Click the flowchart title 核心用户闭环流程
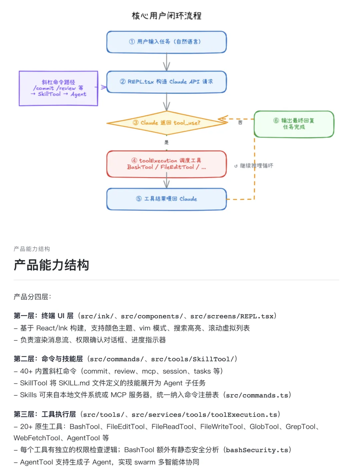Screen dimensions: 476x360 click(x=167, y=16)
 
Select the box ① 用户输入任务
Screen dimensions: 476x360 click(x=167, y=42)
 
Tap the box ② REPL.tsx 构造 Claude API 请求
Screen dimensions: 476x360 click(x=167, y=82)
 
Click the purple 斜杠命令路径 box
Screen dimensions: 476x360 click(x=58, y=88)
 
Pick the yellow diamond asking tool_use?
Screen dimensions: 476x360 click(x=167, y=123)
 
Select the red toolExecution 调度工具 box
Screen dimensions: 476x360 click(x=167, y=164)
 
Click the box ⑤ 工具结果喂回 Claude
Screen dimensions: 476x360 click(x=167, y=199)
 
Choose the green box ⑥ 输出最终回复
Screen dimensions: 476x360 click(x=294, y=124)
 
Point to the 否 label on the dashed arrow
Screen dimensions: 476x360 click(x=240, y=123)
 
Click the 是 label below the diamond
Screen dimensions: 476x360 click(x=167, y=142)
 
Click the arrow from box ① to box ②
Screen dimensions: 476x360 click(x=167, y=62)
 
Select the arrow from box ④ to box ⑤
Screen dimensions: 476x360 click(x=167, y=183)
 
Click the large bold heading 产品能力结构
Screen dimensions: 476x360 click(x=51, y=265)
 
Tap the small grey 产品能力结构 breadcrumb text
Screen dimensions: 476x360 click(x=32, y=249)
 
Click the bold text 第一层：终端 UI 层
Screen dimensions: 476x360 click(x=44, y=316)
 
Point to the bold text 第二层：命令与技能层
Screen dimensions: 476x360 click(x=48, y=359)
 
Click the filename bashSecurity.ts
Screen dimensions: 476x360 click(x=257, y=450)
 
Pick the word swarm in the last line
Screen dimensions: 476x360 click(x=145, y=462)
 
